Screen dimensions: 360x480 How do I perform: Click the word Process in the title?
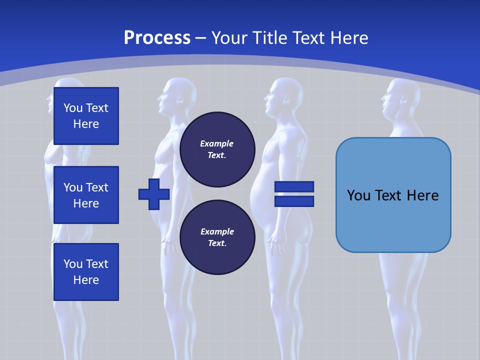157,37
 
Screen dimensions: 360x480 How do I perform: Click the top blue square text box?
86,116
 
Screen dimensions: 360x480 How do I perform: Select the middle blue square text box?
86,195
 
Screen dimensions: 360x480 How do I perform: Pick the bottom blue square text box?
86,272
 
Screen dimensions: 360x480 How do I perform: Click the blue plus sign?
153,194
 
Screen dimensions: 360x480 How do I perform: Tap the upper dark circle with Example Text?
217,149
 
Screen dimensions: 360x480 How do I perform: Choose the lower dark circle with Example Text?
217,237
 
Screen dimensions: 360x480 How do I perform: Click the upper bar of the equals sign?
294,187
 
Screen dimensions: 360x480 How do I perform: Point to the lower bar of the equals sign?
294,201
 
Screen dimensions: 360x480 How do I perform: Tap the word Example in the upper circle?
216,143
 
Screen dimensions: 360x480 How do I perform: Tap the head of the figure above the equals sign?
285,95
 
